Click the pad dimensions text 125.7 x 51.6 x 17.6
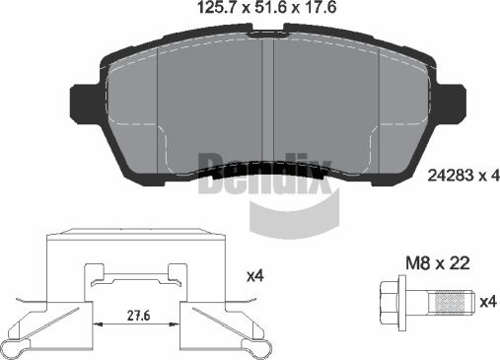(x=266, y=8)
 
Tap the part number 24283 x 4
(x=464, y=176)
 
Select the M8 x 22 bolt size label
(x=438, y=263)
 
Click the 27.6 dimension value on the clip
(x=138, y=316)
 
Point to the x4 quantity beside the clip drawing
(x=255, y=276)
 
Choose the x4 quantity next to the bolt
(x=488, y=302)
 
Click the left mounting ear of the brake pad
(x=85, y=104)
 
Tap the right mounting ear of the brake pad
(x=452, y=104)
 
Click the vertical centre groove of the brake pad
(x=268, y=101)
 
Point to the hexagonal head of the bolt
(x=389, y=303)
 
